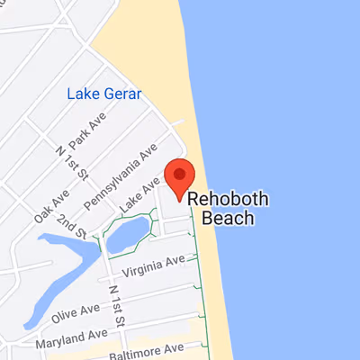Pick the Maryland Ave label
point(71,340)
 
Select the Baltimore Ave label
point(147,349)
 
